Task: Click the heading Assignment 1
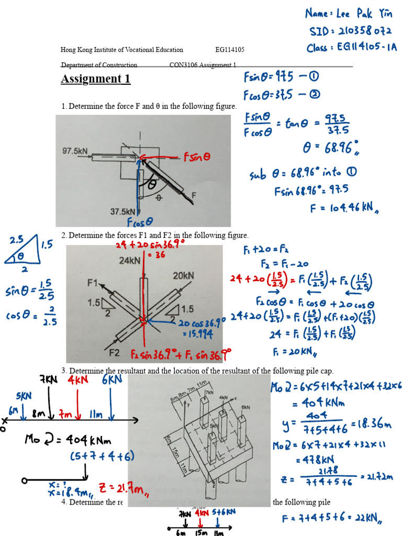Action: [x=95, y=79]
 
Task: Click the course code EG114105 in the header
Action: [x=230, y=50]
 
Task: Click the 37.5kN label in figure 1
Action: [x=123, y=212]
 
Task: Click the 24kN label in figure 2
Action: [x=129, y=260]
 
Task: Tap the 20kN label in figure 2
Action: [x=183, y=275]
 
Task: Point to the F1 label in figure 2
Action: [x=93, y=283]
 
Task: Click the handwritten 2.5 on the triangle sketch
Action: [x=17, y=240]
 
